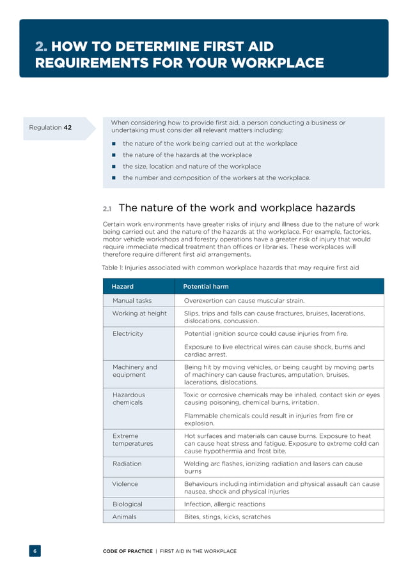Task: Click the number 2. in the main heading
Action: (x=42, y=47)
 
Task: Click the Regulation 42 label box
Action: (x=51, y=128)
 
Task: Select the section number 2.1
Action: (x=107, y=209)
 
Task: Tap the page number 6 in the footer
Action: (x=35, y=551)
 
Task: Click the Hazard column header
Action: (x=123, y=287)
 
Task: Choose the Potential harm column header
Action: (x=206, y=287)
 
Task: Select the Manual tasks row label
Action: (x=132, y=300)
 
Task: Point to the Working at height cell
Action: (x=139, y=314)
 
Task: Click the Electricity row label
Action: (x=128, y=333)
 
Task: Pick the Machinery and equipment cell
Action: (x=134, y=371)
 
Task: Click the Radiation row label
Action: (x=127, y=464)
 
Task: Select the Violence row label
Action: (x=125, y=484)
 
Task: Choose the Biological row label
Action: (x=128, y=504)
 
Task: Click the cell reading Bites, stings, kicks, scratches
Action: (x=227, y=517)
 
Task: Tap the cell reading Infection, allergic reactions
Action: (x=224, y=504)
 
